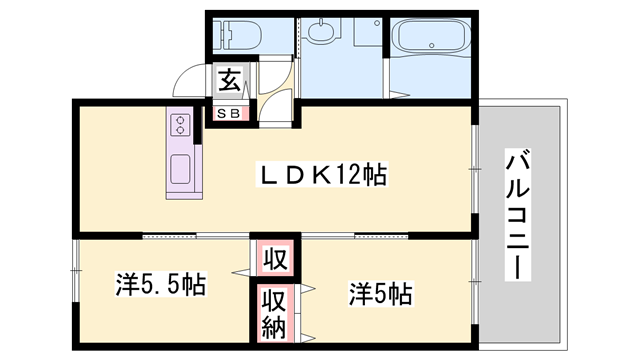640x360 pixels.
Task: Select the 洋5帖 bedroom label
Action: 381,294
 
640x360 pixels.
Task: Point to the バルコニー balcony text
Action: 518,214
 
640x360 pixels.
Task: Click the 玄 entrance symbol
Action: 229,79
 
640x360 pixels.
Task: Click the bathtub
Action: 430,41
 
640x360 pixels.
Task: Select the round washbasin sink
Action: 321,33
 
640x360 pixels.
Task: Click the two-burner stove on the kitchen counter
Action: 181,125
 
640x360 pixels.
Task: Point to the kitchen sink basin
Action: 182,169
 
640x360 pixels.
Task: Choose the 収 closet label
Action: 273,260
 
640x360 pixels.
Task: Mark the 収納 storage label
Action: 273,313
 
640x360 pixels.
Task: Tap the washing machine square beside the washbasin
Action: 365,35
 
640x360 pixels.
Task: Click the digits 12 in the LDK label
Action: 349,175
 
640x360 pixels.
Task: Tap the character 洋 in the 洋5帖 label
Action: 357,294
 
